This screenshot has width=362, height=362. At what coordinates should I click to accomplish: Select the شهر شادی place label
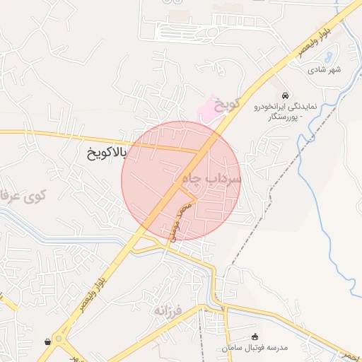[x=325, y=70]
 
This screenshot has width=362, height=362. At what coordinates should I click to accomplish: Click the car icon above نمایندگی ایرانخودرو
[x=284, y=95]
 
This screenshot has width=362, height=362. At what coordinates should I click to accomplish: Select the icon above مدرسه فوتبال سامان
[x=255, y=337]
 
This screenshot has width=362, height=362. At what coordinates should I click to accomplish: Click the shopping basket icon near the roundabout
[x=47, y=341]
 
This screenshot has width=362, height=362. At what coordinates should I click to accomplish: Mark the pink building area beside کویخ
[x=206, y=110]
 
